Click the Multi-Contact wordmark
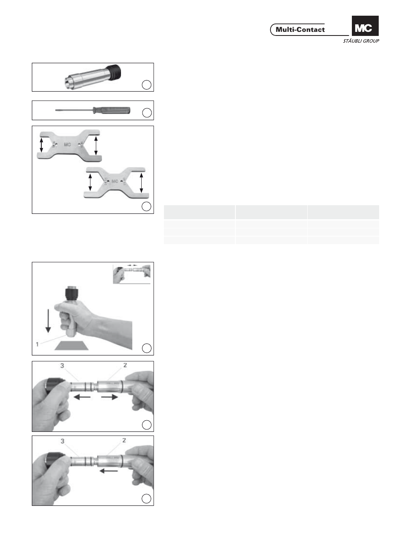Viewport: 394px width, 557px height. click(300, 30)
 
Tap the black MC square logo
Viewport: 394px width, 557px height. click(365, 26)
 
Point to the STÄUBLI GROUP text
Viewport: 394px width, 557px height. click(361, 41)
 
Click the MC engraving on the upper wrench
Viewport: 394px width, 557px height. click(67, 144)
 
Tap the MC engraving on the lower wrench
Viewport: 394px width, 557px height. click(115, 181)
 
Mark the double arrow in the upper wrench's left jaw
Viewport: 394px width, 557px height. click(42, 145)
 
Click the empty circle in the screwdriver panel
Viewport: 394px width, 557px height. click(147, 113)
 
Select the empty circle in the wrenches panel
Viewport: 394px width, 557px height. click(147, 206)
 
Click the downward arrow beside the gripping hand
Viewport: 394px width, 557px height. click(48, 321)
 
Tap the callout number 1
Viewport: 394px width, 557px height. click(37, 344)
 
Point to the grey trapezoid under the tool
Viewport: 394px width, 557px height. click(71, 346)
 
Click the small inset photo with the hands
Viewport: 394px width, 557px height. click(132, 274)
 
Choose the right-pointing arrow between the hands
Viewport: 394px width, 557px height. click(109, 397)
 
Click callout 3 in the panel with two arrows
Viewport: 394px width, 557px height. click(62, 365)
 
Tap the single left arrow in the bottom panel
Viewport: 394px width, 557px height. click(109, 471)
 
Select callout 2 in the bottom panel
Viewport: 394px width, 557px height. click(124, 440)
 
